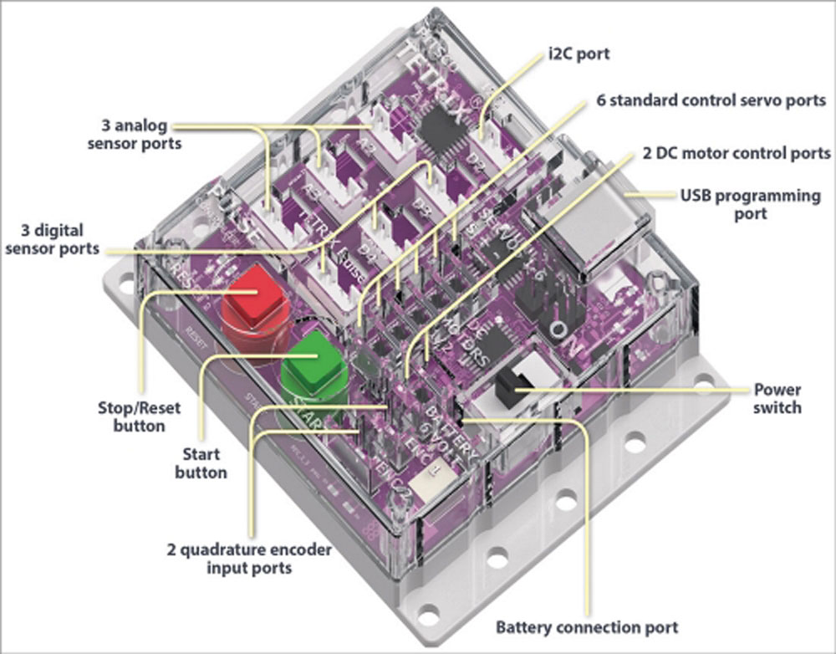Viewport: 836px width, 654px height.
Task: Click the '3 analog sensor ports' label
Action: (x=139, y=135)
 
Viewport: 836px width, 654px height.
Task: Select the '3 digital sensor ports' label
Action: (x=53, y=238)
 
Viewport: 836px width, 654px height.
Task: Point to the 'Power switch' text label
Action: (x=777, y=398)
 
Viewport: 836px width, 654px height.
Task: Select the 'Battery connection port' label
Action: (x=587, y=626)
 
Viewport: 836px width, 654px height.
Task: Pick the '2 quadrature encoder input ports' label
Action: (x=251, y=559)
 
